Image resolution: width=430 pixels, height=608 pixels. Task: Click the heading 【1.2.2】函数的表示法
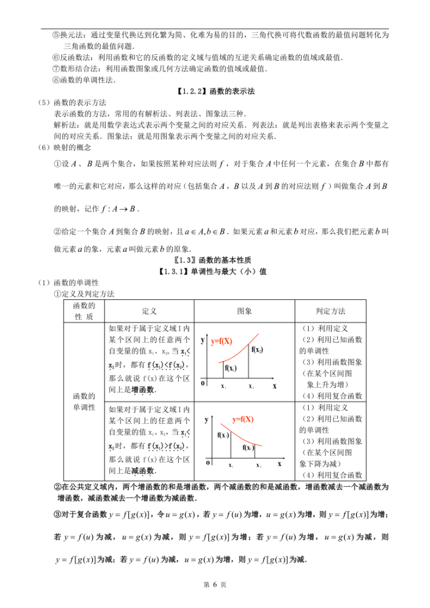(x=214, y=91)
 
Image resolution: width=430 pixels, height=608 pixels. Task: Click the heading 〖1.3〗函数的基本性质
(x=215, y=259)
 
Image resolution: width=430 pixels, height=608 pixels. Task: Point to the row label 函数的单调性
(x=84, y=401)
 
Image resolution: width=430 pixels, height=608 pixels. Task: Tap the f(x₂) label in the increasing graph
(x=257, y=350)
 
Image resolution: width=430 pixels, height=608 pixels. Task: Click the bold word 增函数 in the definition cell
(x=143, y=389)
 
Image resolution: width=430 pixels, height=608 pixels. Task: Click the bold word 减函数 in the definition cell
(x=143, y=470)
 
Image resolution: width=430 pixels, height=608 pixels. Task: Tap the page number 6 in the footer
(x=215, y=585)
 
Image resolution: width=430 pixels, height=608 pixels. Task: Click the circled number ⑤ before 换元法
(x=56, y=35)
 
